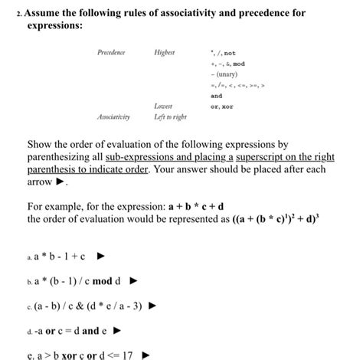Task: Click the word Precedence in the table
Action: (x=111, y=53)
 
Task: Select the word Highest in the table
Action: (x=165, y=53)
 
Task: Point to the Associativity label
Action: (x=113, y=117)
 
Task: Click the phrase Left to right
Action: (x=169, y=117)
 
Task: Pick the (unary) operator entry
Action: (x=225, y=75)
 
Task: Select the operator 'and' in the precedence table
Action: (x=216, y=97)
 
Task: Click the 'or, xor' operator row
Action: (x=223, y=106)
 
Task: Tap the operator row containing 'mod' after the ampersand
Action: (x=227, y=64)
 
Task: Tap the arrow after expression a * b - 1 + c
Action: (x=100, y=256)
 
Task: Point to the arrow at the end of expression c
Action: (x=152, y=306)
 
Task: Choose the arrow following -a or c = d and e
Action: (x=116, y=332)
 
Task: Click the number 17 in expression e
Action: (x=126, y=355)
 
